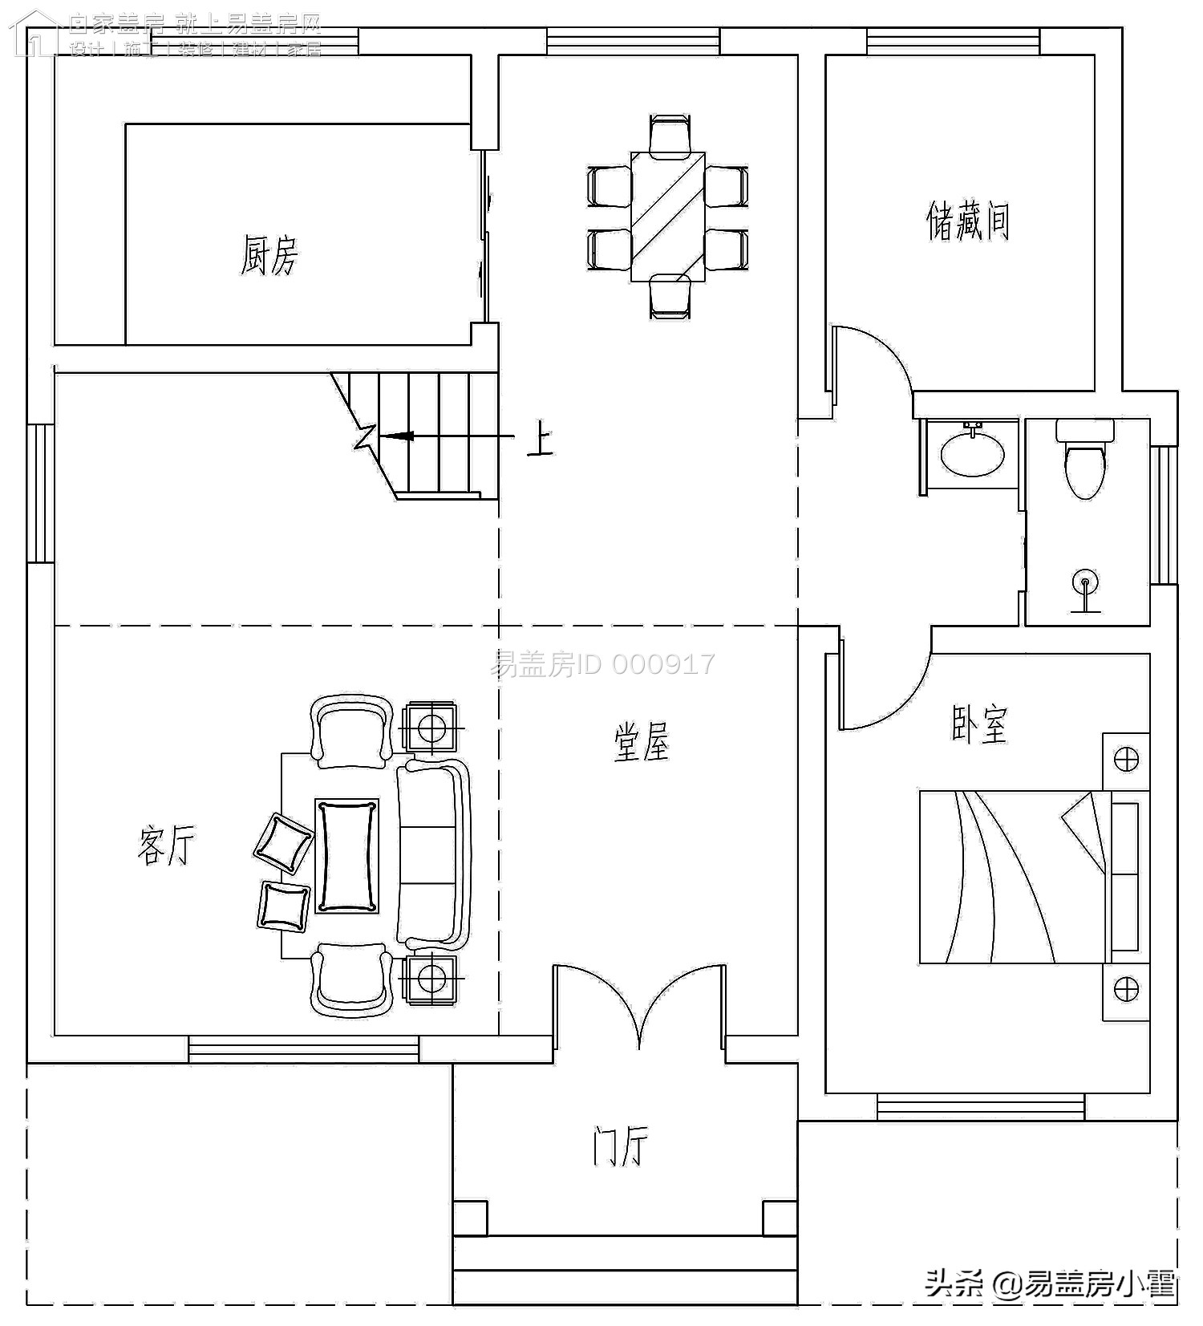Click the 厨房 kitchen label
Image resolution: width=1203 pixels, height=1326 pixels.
pos(269,255)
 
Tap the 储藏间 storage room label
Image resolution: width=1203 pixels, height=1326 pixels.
pos(967,221)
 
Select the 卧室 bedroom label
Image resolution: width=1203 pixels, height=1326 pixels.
pos(978,724)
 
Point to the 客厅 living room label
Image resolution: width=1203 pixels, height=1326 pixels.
pos(166,845)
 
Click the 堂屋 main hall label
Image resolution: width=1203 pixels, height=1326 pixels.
pos(641,741)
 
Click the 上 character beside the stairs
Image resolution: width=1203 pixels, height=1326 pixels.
pos(540,440)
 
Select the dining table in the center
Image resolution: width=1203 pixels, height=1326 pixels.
pos(667,217)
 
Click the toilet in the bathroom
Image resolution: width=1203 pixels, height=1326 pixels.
pos(1084,464)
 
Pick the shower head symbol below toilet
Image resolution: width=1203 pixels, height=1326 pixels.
pos(1086,583)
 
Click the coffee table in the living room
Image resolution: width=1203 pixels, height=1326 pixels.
pos(346,856)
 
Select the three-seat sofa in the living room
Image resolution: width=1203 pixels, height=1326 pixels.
pos(433,854)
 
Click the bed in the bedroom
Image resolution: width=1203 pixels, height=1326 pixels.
pos(1015,877)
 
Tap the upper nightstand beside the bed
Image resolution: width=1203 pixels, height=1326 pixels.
pos(1126,759)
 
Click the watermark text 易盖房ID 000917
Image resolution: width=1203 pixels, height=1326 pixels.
pos(601,664)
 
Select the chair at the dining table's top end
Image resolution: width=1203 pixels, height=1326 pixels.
pos(669,133)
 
